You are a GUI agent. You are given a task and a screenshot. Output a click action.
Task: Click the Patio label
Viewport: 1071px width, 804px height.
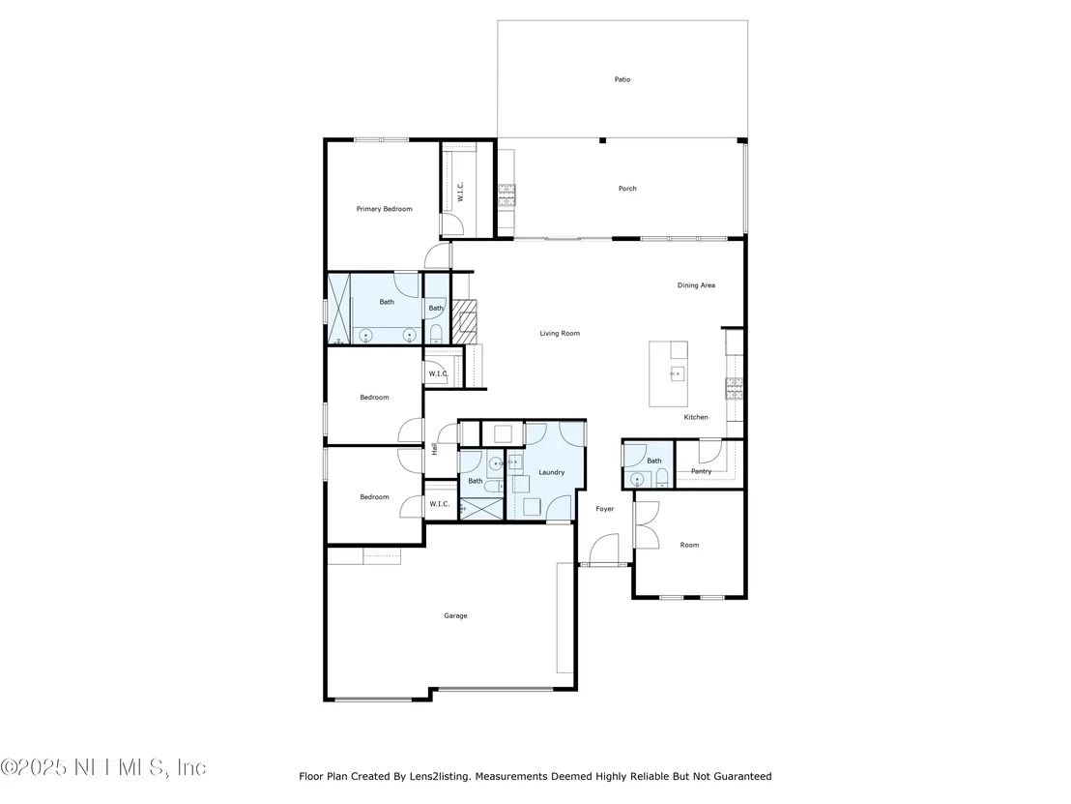point(622,79)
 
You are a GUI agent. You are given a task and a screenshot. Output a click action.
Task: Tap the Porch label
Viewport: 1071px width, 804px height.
point(627,189)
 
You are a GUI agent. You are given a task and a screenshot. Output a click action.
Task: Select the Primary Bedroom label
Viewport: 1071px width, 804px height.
point(384,209)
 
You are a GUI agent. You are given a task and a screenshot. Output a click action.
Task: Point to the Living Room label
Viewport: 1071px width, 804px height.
point(560,334)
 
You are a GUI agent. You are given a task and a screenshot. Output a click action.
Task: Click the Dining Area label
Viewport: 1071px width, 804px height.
point(696,285)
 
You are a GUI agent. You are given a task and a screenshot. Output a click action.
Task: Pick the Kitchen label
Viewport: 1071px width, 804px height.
point(696,417)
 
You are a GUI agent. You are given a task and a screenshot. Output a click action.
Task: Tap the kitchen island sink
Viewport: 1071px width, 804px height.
point(677,373)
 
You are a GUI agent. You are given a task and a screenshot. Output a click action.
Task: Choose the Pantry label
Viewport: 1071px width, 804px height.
point(702,471)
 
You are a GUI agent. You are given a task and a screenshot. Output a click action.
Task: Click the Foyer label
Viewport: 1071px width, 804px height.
point(604,509)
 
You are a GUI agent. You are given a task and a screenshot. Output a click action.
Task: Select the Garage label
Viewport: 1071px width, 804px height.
point(455,616)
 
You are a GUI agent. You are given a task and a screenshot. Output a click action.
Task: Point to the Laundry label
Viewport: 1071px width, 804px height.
point(551,472)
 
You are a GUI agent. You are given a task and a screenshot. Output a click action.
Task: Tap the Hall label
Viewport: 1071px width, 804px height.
point(434,449)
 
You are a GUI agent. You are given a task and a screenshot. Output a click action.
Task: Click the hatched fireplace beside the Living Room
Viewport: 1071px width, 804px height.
point(464,320)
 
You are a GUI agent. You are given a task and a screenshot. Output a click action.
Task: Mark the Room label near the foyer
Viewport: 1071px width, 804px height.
point(689,545)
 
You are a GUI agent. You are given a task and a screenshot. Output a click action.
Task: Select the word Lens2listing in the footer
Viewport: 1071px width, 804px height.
point(439,776)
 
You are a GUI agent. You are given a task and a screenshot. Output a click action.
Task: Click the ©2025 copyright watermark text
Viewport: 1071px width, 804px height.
point(33,768)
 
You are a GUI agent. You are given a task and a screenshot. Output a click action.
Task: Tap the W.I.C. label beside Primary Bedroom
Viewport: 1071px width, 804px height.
point(461,192)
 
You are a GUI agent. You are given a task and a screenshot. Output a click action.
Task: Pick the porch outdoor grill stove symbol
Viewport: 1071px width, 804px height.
point(507,194)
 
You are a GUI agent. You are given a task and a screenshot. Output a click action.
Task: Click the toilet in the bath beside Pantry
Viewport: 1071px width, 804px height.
point(661,479)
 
